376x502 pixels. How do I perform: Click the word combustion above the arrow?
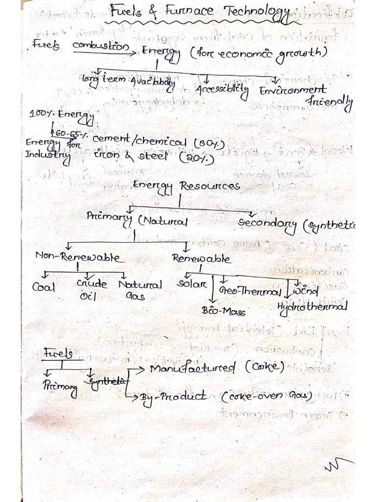(x=101, y=46)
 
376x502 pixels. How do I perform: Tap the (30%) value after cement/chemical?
(x=209, y=144)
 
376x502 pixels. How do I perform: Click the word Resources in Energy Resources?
(x=210, y=186)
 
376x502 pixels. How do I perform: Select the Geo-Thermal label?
(x=250, y=291)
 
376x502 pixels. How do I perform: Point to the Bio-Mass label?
(x=223, y=311)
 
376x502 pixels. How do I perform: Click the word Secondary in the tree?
(x=267, y=224)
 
